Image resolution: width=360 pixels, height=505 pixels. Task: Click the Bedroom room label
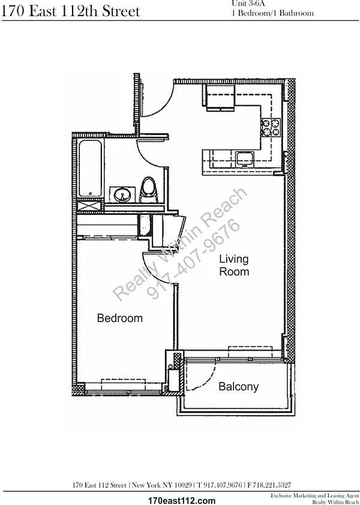pyautogui.click(x=119, y=318)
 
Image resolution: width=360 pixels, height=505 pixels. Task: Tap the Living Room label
pyautogui.click(x=234, y=265)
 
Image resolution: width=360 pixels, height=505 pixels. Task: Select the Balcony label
pyautogui.click(x=238, y=387)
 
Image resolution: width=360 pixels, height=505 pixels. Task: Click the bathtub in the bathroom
pyautogui.click(x=91, y=168)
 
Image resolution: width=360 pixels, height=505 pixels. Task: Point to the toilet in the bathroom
pyautogui.click(x=149, y=190)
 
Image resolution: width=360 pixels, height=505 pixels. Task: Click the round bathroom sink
pyautogui.click(x=122, y=195)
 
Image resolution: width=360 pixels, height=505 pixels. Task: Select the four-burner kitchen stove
pyautogui.click(x=271, y=127)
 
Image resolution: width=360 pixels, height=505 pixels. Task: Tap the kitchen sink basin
pyautogui.click(x=245, y=159)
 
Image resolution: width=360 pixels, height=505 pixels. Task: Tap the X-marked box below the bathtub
pyautogui.click(x=90, y=206)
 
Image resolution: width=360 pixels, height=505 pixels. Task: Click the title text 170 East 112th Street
pyautogui.click(x=70, y=11)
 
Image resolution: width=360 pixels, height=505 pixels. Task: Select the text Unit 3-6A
pyautogui.click(x=248, y=4)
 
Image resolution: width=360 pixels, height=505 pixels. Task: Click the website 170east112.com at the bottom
pyautogui.click(x=181, y=500)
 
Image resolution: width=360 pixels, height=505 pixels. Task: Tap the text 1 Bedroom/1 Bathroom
pyautogui.click(x=272, y=13)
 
